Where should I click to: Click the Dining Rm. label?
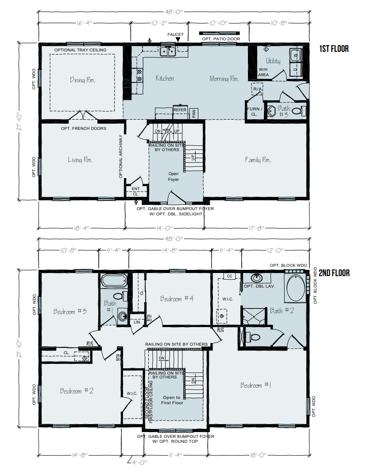(x=83, y=80)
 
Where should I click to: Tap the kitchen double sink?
(x=168, y=52)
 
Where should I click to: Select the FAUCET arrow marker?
(x=178, y=40)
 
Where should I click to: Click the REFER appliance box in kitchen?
(x=180, y=110)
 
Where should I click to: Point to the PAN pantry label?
(x=194, y=113)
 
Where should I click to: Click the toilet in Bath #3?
(x=299, y=111)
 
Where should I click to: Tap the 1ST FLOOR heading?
(x=334, y=49)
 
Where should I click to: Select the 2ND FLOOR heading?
(x=334, y=273)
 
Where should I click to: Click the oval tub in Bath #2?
(x=295, y=289)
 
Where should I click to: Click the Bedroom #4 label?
(x=177, y=299)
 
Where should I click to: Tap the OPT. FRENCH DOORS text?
(x=84, y=129)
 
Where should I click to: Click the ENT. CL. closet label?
(x=136, y=191)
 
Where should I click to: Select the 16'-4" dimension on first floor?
(x=83, y=22)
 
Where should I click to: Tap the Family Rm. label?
(x=258, y=160)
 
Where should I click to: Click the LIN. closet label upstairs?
(x=137, y=322)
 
